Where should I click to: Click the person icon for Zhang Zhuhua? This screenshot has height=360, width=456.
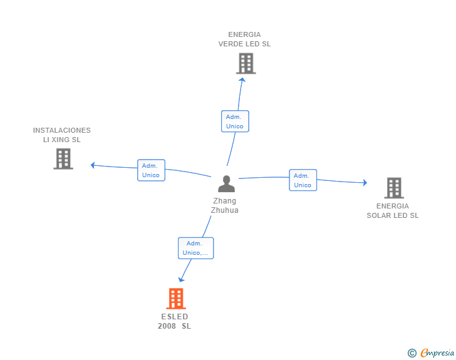pyautogui.click(x=226, y=184)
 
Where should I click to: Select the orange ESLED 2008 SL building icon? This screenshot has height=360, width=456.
pyautogui.click(x=176, y=299)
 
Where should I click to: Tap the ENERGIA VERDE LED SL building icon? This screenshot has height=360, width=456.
pyautogui.click(x=246, y=63)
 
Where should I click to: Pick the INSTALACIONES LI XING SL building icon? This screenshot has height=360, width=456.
pyautogui.click(x=63, y=159)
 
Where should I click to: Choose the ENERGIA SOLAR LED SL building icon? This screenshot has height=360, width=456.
pyautogui.click(x=393, y=188)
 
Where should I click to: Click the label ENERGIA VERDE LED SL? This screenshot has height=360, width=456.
pyautogui.click(x=244, y=39)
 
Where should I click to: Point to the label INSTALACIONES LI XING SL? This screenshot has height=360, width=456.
pyautogui.click(x=62, y=135)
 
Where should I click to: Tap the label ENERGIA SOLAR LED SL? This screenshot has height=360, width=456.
pyautogui.click(x=393, y=211)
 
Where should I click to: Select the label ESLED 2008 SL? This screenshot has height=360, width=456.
pyautogui.click(x=175, y=321)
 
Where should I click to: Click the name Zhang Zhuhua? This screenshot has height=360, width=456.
pyautogui.click(x=225, y=206)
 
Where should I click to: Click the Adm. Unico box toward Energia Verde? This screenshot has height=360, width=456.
pyautogui.click(x=235, y=121)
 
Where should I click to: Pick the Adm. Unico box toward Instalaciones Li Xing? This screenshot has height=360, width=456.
pyautogui.click(x=151, y=170)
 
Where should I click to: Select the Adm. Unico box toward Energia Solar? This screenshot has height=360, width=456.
pyautogui.click(x=303, y=180)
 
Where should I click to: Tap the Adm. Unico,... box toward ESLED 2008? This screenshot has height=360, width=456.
pyautogui.click(x=195, y=248)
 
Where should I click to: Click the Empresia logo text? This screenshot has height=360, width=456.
pyautogui.click(x=437, y=353)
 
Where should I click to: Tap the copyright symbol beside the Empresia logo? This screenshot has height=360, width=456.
pyautogui.click(x=412, y=353)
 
